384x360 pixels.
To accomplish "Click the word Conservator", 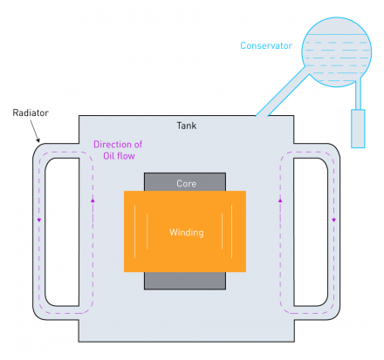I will point(264,45).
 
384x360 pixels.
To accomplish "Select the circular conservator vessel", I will point(337,51).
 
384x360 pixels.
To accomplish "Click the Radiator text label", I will point(31,113).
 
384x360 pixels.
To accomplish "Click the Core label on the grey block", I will point(185,184).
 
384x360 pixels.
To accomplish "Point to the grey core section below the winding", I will point(185,280).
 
